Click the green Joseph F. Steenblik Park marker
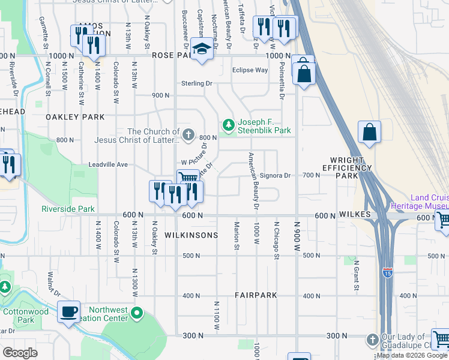pos(228,125)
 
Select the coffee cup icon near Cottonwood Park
pos(69,311)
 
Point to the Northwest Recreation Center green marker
pos(137,313)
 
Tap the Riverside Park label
pos(68,209)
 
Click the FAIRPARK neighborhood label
pos(255,296)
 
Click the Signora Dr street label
pos(276,175)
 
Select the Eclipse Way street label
pos(250,70)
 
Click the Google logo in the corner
pos(20,352)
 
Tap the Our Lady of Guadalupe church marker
pos(373,340)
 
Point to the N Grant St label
pos(356,275)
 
